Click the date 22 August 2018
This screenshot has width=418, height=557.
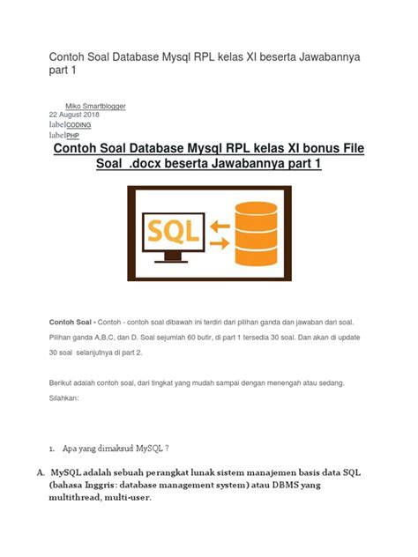tap(73, 115)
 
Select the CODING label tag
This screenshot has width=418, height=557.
tap(79, 126)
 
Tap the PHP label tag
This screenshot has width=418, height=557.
tap(73, 136)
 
